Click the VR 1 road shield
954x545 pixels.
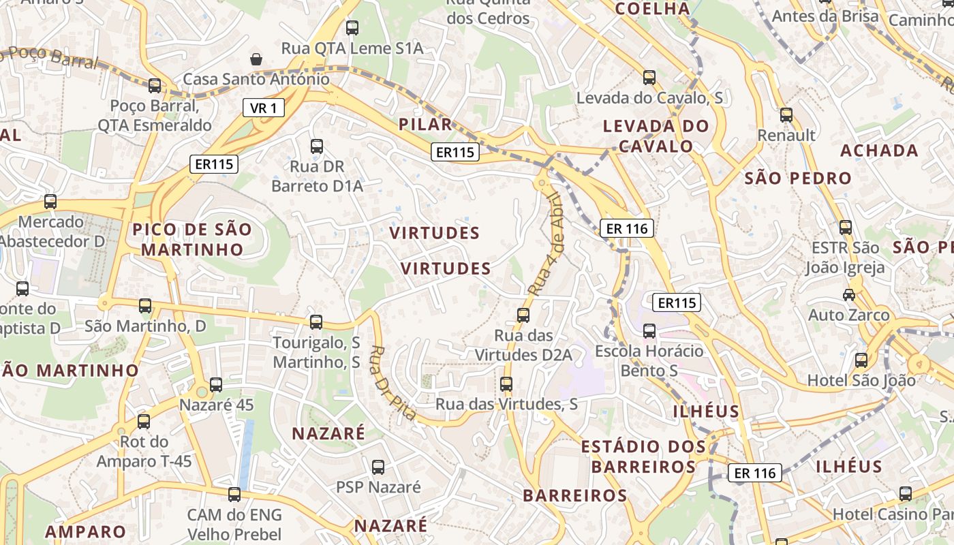[x=263, y=108]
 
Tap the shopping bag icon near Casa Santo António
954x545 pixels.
[x=256, y=59]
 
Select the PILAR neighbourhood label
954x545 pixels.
[x=426, y=124]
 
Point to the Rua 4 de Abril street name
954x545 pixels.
[x=546, y=244]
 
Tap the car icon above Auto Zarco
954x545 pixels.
[x=849, y=295]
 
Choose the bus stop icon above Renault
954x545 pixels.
[x=786, y=114]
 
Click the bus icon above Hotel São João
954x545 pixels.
[x=861, y=360]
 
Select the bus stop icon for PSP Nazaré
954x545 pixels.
[x=378, y=467]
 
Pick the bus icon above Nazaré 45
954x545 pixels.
[x=216, y=385]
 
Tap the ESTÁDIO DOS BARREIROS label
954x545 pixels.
[x=643, y=456]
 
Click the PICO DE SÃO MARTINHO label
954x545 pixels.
[x=192, y=239]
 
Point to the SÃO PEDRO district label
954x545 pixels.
[x=798, y=178]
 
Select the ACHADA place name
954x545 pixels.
[x=879, y=151]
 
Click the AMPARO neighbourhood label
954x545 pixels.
[x=86, y=531]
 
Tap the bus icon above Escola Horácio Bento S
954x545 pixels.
[x=649, y=331]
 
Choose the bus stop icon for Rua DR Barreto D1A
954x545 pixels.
[x=317, y=146]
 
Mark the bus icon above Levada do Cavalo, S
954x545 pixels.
[x=649, y=78]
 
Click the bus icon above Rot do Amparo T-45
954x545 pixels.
[x=144, y=422]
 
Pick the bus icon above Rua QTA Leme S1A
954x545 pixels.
[x=352, y=28]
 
